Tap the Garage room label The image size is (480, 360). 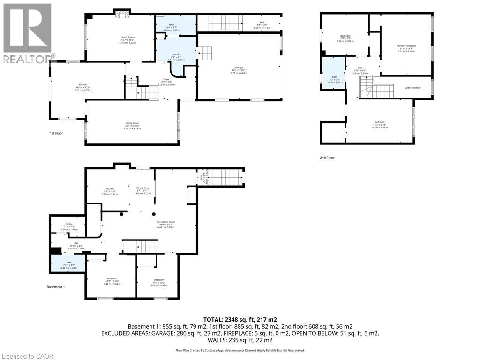[239, 70]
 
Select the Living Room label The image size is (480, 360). [132, 125]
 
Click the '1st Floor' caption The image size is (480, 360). [56, 133]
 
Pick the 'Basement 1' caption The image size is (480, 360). [56, 287]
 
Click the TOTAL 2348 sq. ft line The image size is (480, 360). [240, 319]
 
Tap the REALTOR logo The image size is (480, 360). [27, 33]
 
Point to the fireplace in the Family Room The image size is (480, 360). [122, 14]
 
